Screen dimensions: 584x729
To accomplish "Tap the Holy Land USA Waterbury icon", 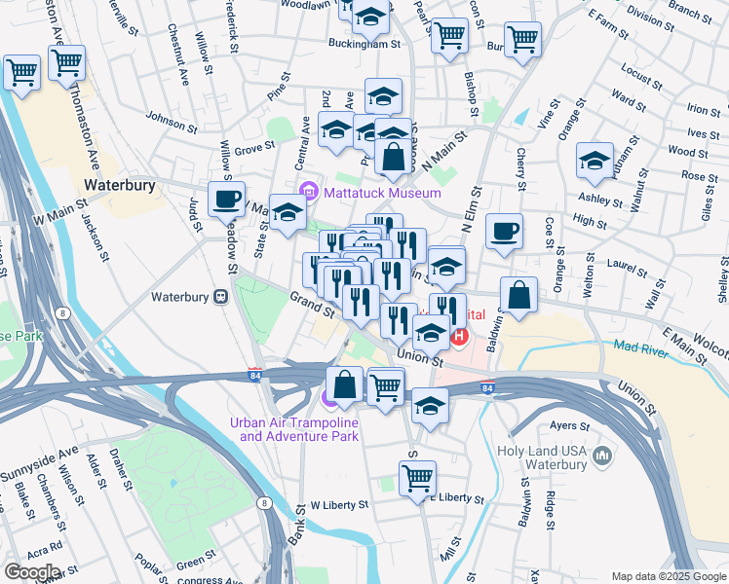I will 601,455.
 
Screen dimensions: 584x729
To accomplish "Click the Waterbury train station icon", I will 221,297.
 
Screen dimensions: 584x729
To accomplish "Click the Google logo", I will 31,572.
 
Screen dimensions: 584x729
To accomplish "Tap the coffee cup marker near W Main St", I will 227,200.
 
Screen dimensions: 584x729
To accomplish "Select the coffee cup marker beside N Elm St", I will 504,232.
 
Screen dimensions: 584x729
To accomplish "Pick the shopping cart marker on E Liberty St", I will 418,478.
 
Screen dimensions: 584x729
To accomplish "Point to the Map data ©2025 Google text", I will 668,576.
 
